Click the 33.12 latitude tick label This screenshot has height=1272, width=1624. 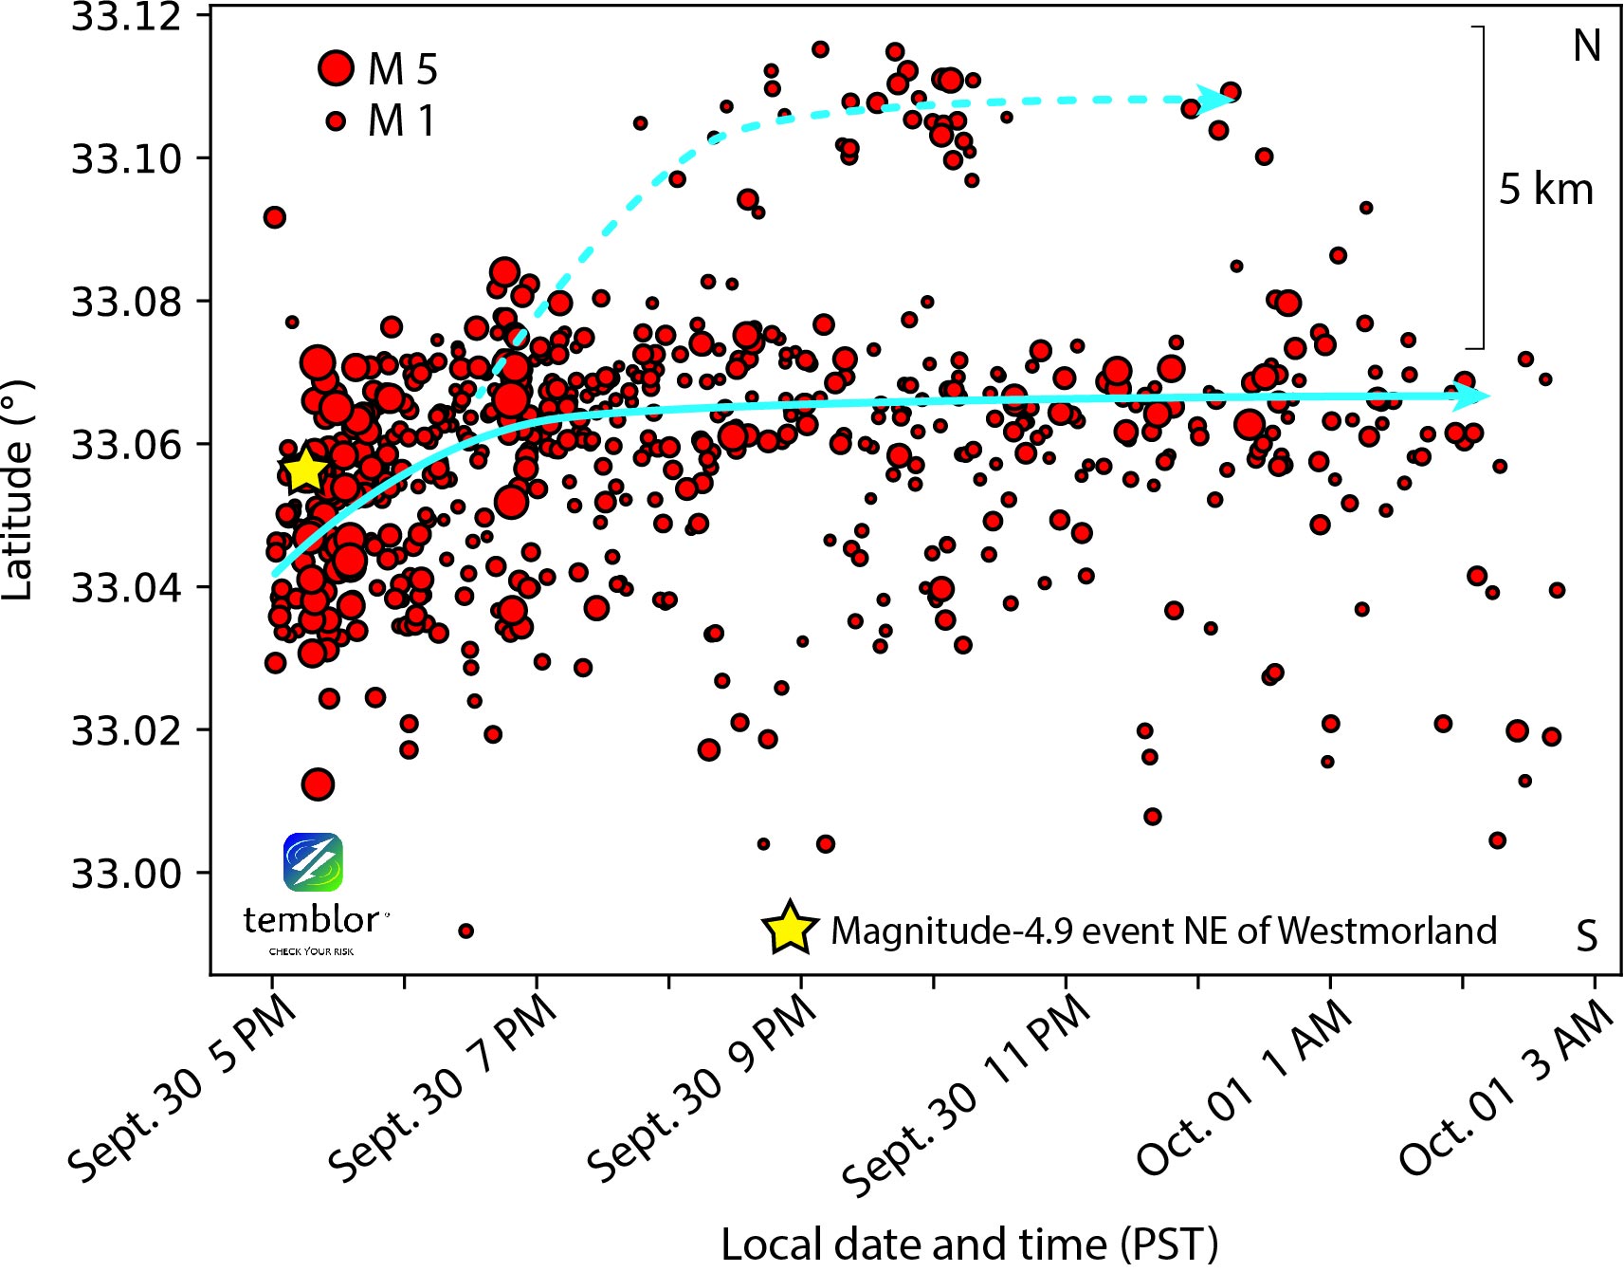126,17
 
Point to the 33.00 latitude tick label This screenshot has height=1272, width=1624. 126,873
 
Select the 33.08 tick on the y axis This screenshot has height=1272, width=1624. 126,302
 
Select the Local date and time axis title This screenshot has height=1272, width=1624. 969,1244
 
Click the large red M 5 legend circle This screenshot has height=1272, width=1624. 336,68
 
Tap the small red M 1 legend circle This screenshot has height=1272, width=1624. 336,120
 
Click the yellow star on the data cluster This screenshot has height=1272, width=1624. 304,470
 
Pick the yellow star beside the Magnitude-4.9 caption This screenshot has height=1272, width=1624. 789,929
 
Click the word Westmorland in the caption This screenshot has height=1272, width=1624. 1387,931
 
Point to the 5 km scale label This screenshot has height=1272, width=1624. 1545,190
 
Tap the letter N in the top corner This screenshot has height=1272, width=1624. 1586,46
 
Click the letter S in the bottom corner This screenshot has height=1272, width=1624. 1586,936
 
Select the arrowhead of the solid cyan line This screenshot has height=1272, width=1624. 1472,396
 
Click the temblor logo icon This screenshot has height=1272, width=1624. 313,862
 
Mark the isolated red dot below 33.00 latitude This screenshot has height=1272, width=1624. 465,931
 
